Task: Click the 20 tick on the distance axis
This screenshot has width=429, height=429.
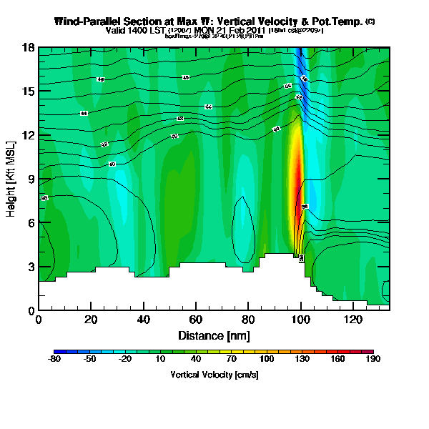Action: click(91, 319)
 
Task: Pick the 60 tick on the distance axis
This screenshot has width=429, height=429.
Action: click(196, 319)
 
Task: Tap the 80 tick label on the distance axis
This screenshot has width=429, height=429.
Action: click(248, 319)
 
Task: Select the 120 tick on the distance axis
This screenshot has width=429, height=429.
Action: click(353, 319)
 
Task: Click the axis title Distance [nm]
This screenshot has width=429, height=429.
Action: click(214, 335)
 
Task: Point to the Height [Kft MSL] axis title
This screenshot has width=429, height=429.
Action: click(11, 179)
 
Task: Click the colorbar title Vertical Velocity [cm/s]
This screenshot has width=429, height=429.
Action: click(214, 375)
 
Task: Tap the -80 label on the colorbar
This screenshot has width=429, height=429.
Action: click(54, 360)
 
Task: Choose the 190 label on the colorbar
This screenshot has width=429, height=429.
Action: click(373, 360)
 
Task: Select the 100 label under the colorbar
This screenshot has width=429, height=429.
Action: click(267, 360)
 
